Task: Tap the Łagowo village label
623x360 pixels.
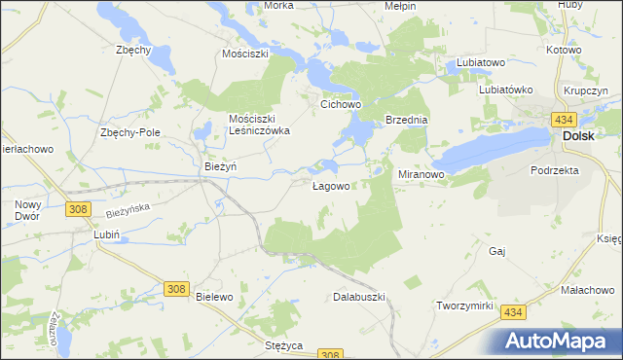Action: [331, 186]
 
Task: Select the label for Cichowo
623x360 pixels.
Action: [342, 102]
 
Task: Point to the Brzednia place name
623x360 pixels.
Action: [407, 120]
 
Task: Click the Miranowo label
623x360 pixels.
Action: [421, 174]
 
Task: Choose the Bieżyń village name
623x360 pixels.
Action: [221, 167]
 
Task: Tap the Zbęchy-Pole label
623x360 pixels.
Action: [129, 132]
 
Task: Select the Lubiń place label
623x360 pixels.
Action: [105, 234]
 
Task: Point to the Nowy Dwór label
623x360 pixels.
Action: [27, 211]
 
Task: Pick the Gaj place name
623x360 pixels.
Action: [498, 251]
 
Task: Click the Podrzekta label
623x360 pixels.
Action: [555, 170]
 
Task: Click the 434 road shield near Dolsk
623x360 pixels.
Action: [563, 118]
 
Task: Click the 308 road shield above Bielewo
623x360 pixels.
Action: [176, 289]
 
